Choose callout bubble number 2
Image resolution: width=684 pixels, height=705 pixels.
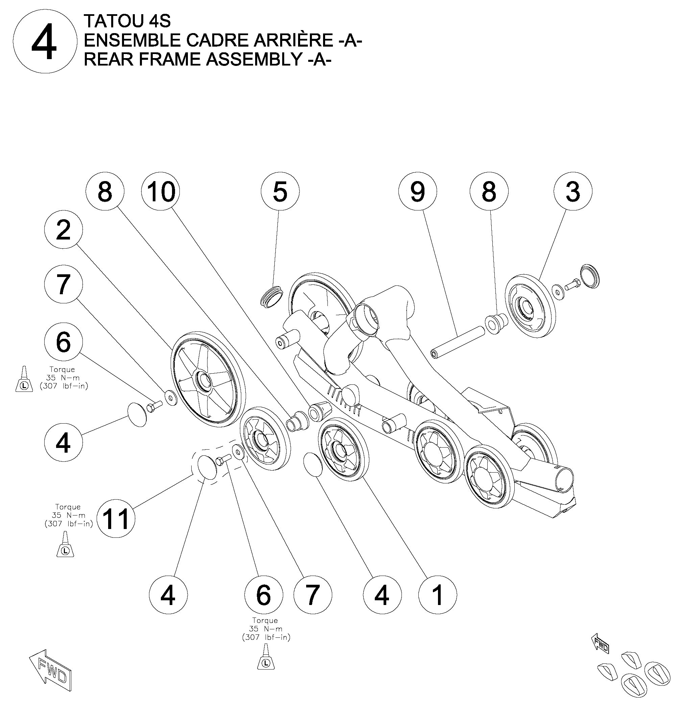coord(63,230)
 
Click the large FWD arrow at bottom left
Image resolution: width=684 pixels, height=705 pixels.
coord(50,670)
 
